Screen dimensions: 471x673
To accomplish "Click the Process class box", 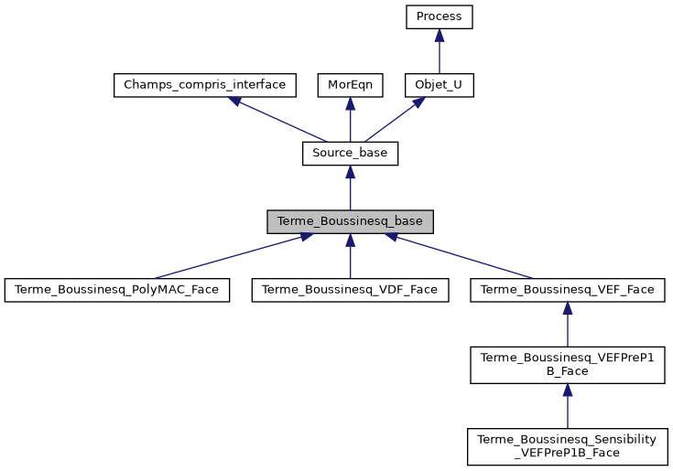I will (440, 17).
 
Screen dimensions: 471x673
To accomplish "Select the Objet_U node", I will (440, 85).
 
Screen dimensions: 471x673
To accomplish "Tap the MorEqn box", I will (350, 85).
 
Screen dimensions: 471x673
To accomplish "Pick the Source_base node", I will (350, 154).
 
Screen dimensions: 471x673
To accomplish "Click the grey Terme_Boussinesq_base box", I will (350, 221).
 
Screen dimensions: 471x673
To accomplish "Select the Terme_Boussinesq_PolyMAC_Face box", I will (116, 290).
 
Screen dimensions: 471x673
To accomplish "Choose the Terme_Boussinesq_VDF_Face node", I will (350, 290).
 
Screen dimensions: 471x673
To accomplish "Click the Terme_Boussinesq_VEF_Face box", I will (568, 290).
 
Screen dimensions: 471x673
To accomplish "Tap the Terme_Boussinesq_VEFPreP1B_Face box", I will (568, 364).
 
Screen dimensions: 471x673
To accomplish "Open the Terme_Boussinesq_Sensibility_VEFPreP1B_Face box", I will (568, 445).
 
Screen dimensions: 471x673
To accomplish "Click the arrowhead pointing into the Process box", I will (440, 36).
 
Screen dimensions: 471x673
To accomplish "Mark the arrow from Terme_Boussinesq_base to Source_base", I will (350, 188).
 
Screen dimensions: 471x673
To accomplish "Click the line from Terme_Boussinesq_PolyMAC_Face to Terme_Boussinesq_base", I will (229, 257).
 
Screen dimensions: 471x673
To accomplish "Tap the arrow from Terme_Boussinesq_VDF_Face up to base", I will (350, 257).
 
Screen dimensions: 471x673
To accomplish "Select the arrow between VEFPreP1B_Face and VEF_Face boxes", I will (568, 325).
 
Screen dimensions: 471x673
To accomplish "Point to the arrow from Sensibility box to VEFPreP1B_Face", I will (568, 405).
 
